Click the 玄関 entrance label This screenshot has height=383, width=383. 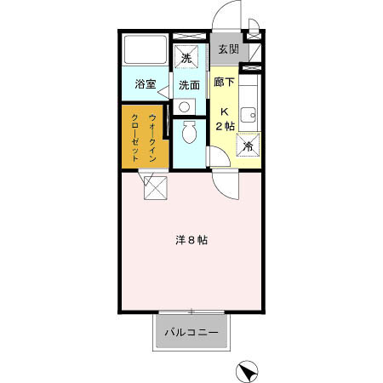click(226, 50)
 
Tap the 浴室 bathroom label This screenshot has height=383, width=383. click(146, 85)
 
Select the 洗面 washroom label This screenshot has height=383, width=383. click(189, 85)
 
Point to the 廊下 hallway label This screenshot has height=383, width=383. click(225, 83)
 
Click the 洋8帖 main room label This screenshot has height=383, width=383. click(191, 240)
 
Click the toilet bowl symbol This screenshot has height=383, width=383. click(190, 133)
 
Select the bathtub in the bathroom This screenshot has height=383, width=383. click(144, 51)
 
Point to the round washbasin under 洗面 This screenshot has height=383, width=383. click(186, 106)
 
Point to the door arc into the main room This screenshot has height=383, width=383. click(223, 180)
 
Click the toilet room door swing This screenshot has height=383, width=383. click(217, 153)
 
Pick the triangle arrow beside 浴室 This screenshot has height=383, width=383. click(163, 88)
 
